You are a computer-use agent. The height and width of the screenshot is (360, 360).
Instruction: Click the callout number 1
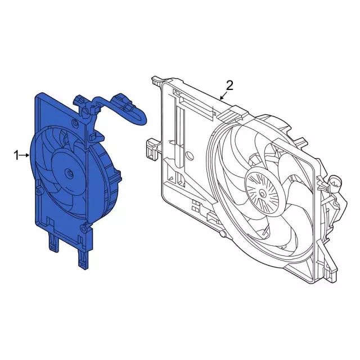coord(16,155)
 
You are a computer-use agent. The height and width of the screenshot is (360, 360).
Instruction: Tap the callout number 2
coord(229,85)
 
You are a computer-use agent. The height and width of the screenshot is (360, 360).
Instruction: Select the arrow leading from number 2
coord(224,96)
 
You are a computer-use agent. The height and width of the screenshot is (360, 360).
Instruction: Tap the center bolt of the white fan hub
coord(263,193)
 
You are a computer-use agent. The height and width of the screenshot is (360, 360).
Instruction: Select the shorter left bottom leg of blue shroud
coord(54,244)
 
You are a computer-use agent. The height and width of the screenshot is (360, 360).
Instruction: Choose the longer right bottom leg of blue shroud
coord(84,258)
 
